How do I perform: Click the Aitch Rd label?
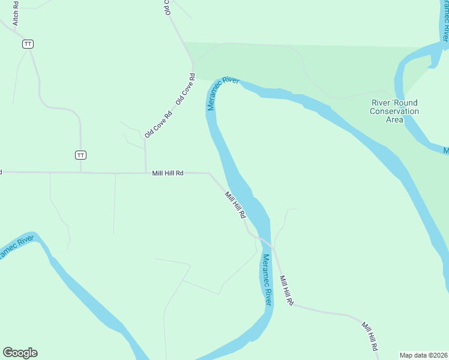tap(16, 13)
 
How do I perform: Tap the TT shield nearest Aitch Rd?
tap(28, 44)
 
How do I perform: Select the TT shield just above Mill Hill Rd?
tap(81, 155)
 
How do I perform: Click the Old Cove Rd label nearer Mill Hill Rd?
tap(158, 124)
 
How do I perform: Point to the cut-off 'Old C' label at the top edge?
tap(168, 7)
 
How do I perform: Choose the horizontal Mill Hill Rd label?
tap(167, 173)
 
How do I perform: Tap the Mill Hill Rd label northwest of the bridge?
tap(235, 205)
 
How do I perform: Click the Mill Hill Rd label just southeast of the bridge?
tap(286, 291)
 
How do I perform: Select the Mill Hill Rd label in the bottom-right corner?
tap(369, 337)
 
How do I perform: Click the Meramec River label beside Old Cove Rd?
tap(223, 94)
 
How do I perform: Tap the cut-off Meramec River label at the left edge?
tap(16, 247)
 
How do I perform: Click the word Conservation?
tap(394, 111)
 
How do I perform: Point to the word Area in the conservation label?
tap(394, 119)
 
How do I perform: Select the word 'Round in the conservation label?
tap(406, 103)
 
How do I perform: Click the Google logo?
tap(20, 353)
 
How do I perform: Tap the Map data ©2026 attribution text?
tap(424, 355)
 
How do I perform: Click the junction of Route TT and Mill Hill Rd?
tap(81, 173)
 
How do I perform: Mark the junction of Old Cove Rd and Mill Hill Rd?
tap(146, 173)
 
